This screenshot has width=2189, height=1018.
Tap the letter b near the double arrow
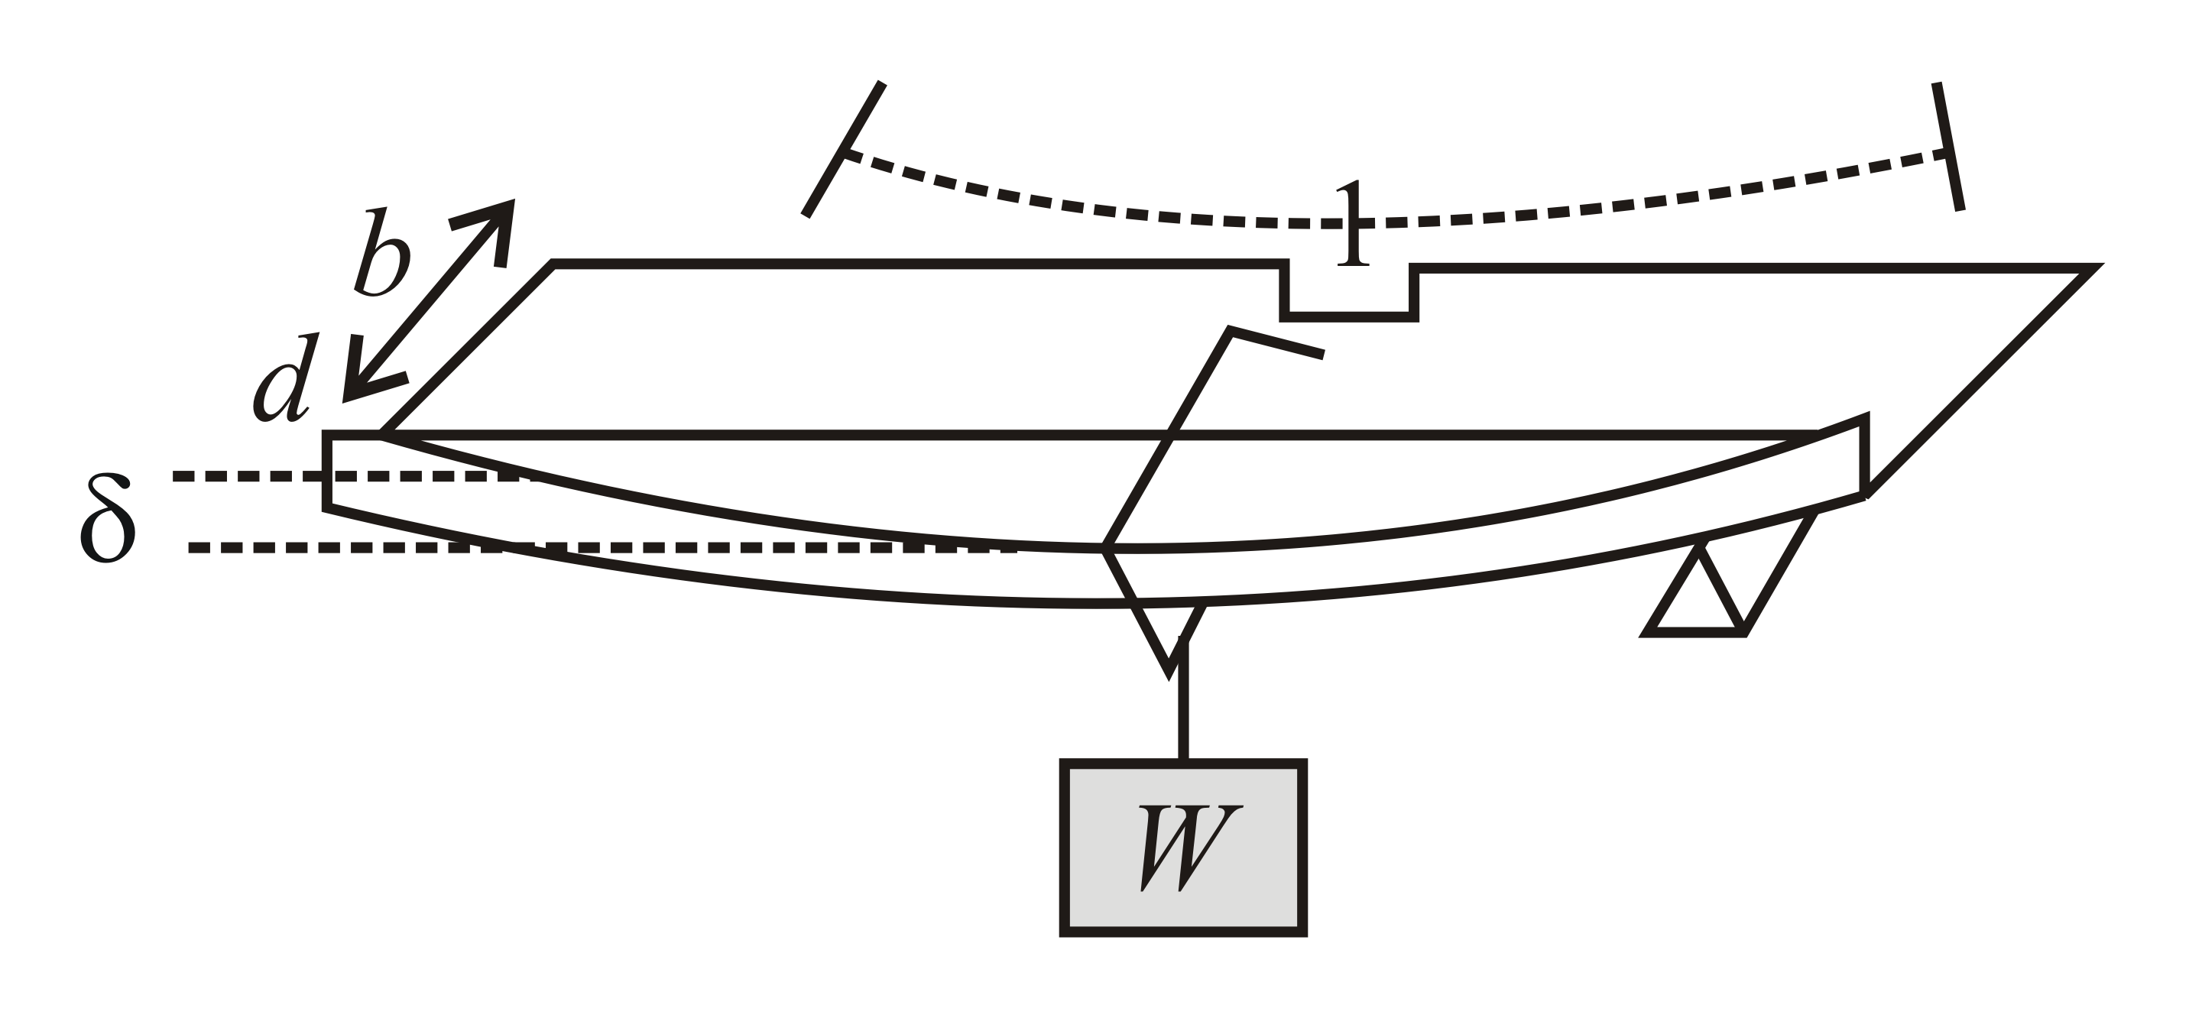[382, 253]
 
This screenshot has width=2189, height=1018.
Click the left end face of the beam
[327, 472]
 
